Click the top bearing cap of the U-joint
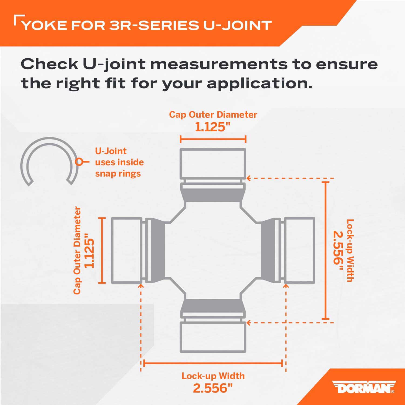pyautogui.click(x=213, y=164)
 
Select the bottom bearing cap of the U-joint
pyautogui.click(x=213, y=337)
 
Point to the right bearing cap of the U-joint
pyautogui.click(x=299, y=251)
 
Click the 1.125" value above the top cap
pyautogui.click(x=213, y=127)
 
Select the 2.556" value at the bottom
pyautogui.click(x=213, y=388)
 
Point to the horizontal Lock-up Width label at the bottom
pyautogui.click(x=213, y=376)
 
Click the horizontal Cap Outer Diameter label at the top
pyautogui.click(x=213, y=114)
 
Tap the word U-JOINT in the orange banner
pyautogui.click(x=237, y=25)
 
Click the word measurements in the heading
pyautogui.click(x=219, y=64)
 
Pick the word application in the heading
pyautogui.click(x=259, y=84)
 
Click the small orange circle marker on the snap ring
pyautogui.click(x=79, y=162)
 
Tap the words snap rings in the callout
pyautogui.click(x=118, y=174)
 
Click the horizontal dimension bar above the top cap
pyautogui.click(x=213, y=139)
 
